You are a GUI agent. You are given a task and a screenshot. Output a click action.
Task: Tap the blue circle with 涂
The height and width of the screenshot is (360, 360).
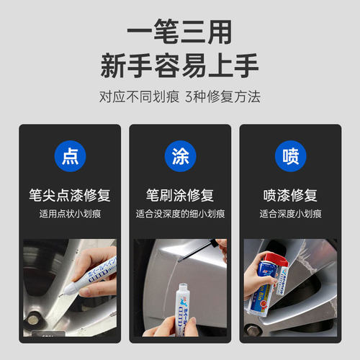click(180, 158)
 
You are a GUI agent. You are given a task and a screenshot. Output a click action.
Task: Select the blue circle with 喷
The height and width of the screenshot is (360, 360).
click(290, 158)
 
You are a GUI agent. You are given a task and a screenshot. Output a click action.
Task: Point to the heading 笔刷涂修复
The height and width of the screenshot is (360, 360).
click(180, 194)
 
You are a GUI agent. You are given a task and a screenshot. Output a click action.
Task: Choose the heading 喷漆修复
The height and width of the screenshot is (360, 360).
click(290, 194)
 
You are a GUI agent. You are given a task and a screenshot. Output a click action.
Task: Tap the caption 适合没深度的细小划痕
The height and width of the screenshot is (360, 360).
click(180, 214)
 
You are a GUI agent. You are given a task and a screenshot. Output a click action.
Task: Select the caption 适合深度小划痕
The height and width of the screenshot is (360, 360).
click(290, 214)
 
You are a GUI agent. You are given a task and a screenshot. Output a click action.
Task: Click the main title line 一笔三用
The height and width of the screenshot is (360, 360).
click(180, 32)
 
